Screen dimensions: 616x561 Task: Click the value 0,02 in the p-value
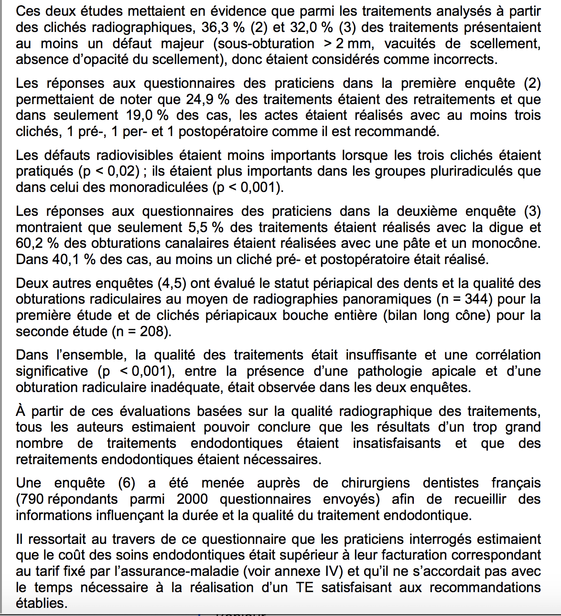coord(118,171)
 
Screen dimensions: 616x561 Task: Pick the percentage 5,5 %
coord(206,227)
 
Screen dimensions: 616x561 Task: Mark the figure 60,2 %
coord(37,243)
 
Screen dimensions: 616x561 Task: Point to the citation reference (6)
coord(127,483)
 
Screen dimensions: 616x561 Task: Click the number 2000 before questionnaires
coord(192,499)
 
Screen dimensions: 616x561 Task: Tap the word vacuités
coord(418,43)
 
